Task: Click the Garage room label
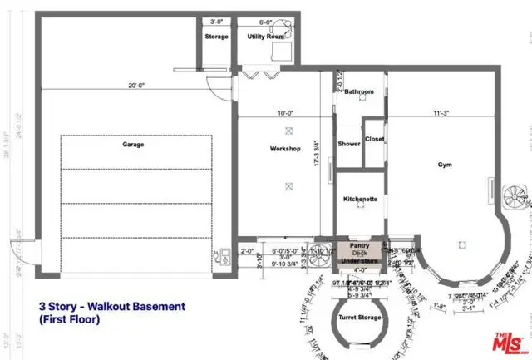[x=133, y=144]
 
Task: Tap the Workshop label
[x=284, y=149]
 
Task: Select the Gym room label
[x=446, y=165]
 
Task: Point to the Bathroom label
[x=360, y=91]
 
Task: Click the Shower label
[x=349, y=144]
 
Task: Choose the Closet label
[x=374, y=139]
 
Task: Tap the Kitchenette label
[x=361, y=200]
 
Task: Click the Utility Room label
[x=267, y=37]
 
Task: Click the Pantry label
[x=360, y=246]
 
